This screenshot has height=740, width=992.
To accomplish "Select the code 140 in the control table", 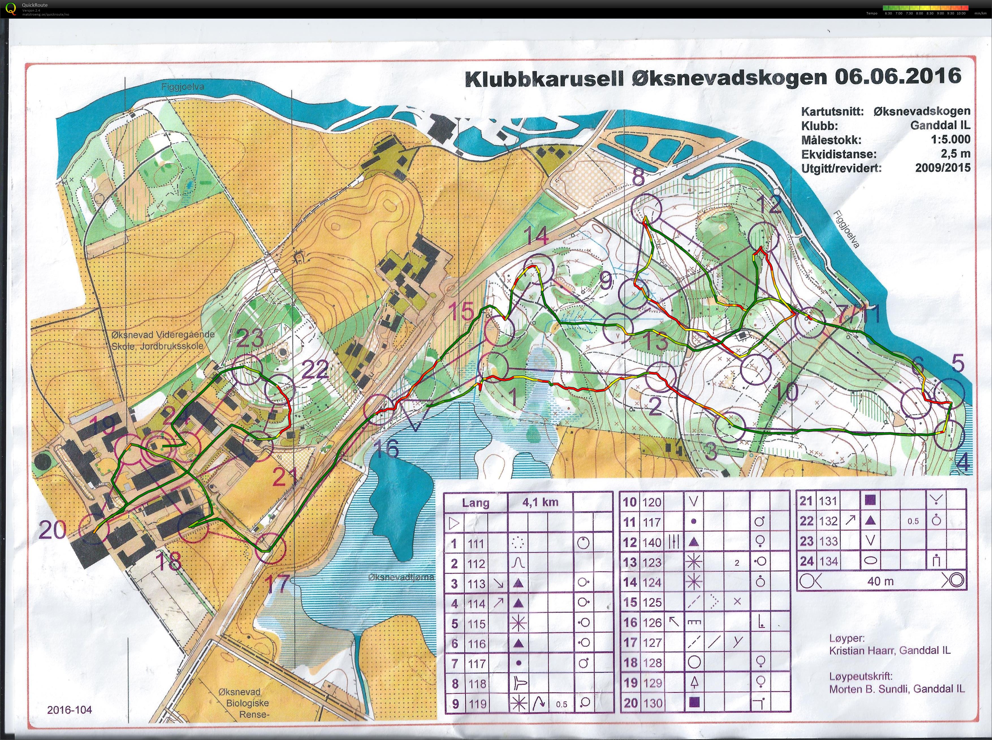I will [x=652, y=542].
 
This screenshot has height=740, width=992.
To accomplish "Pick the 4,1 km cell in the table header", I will [x=540, y=502].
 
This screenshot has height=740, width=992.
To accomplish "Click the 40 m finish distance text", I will [x=880, y=581].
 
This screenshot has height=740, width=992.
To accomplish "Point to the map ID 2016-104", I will [x=70, y=709].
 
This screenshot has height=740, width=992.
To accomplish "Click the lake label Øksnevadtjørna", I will [x=401, y=577].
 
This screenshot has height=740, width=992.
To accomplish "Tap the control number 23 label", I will [x=250, y=338].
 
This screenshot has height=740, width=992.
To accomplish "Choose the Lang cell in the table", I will [x=475, y=502].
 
